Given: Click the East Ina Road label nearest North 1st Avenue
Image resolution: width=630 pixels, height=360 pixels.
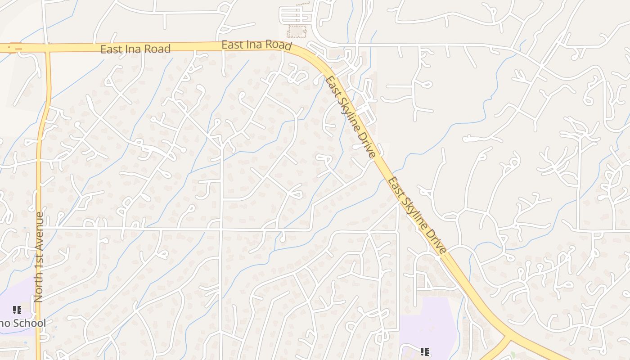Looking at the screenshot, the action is coord(135,49).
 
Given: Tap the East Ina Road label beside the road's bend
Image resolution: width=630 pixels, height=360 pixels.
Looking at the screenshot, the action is coord(256,45).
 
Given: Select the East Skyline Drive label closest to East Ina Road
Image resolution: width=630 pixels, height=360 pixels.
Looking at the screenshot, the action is coord(351,117).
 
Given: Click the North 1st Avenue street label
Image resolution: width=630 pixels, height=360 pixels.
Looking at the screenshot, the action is coord(39,256).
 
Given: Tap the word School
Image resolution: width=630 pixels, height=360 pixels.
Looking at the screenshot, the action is coord(29,323).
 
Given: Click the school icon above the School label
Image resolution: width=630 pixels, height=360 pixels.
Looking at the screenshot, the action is coord(17,310).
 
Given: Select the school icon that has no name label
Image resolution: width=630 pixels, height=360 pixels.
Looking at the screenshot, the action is coord(424,351).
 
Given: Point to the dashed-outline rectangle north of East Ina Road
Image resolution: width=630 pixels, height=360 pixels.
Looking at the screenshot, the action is coord(297,31).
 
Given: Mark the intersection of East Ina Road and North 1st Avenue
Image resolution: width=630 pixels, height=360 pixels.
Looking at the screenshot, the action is coord(47,47).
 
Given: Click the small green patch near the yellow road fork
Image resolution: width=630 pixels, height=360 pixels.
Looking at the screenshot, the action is coord(513,355).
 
